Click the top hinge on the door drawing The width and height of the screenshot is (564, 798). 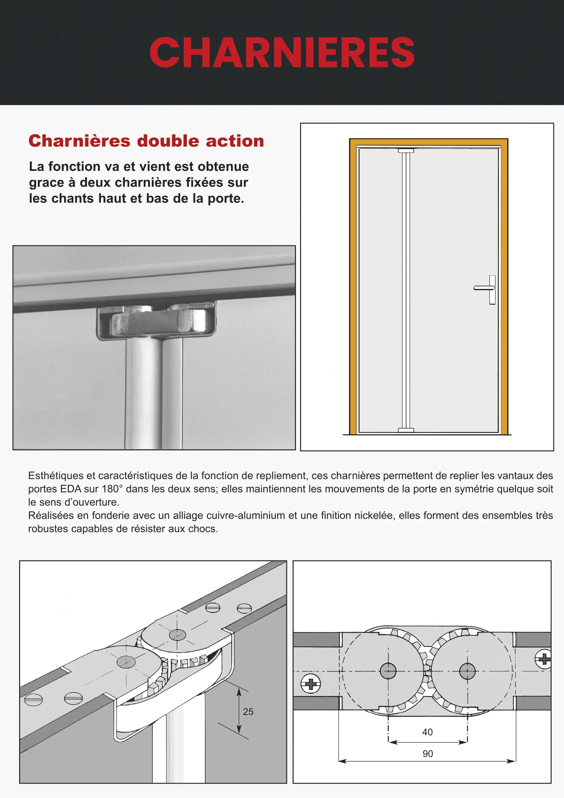coord(406,150)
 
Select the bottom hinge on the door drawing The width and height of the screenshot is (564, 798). coord(406,430)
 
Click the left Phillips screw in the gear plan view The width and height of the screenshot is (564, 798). coord(311,684)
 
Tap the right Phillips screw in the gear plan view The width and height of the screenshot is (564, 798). coord(544,658)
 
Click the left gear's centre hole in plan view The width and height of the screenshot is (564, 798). coord(388,671)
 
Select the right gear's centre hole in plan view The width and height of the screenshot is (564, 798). coord(467,671)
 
